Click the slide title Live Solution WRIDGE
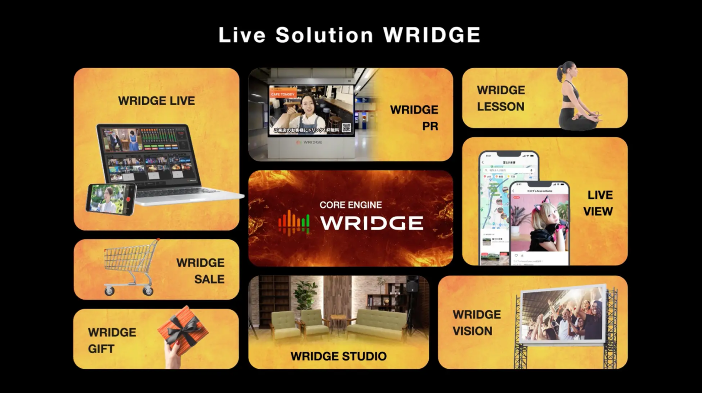(350, 35)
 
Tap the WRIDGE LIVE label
(156, 101)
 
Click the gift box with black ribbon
(183, 327)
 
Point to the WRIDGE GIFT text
(112, 340)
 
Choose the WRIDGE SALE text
(201, 271)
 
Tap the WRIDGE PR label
(414, 118)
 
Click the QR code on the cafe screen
(346, 128)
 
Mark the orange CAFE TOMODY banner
(283, 94)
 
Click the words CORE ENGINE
(351, 205)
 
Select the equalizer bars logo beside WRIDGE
(294, 222)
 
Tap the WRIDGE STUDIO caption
(338, 356)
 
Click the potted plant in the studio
(305, 295)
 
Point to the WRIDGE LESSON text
(501, 98)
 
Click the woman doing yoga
(575, 98)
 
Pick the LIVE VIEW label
(599, 203)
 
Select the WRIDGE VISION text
(477, 323)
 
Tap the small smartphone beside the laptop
(111, 199)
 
